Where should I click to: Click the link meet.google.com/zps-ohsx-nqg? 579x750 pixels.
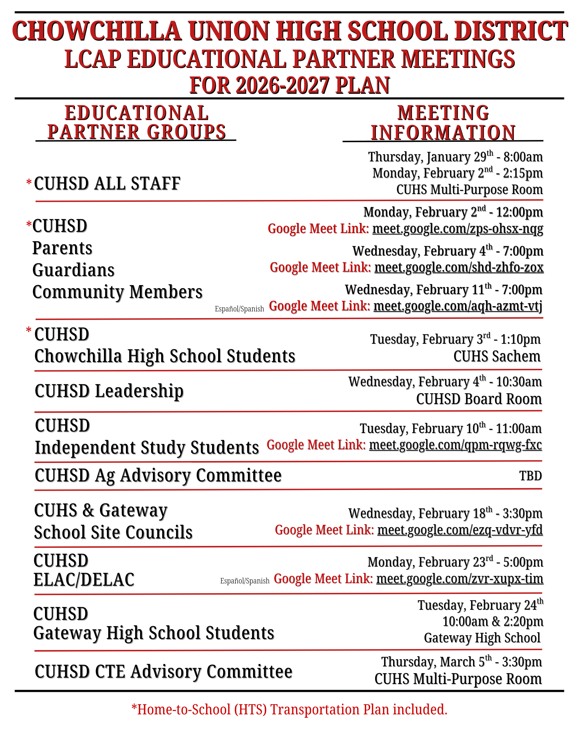[458, 228]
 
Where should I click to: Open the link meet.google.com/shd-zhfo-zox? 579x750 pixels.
[459, 268]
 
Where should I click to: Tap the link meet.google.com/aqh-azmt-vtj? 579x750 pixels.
[458, 306]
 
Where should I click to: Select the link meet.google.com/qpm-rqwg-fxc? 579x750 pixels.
[455, 445]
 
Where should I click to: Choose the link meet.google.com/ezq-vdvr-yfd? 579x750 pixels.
[460, 530]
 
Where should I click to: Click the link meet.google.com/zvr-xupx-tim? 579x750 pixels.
[459, 579]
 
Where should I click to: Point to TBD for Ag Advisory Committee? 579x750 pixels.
[530, 476]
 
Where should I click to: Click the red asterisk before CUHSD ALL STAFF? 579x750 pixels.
[29, 183]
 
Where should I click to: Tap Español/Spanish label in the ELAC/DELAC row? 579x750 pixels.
[245, 581]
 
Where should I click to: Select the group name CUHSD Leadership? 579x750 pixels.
[109, 391]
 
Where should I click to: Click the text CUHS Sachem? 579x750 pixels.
[497, 356]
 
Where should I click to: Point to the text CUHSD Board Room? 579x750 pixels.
[479, 399]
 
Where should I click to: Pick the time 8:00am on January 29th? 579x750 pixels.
[523, 157]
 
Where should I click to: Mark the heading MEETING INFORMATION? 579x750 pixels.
[443, 123]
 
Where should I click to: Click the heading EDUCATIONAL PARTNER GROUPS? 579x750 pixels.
[136, 123]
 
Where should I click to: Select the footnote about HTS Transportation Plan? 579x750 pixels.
[289, 709]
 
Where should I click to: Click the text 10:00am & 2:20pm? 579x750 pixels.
[492, 622]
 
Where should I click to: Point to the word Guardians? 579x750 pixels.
[73, 270]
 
